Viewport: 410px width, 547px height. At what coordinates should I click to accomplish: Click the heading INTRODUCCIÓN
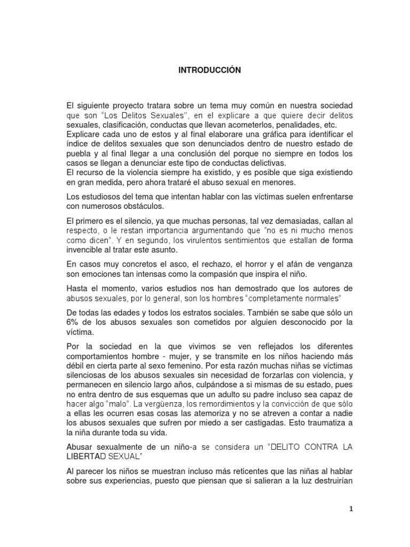pos(210,71)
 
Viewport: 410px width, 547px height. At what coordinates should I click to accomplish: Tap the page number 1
pos(350,509)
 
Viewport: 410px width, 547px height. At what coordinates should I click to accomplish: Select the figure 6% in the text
pos(73,322)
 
